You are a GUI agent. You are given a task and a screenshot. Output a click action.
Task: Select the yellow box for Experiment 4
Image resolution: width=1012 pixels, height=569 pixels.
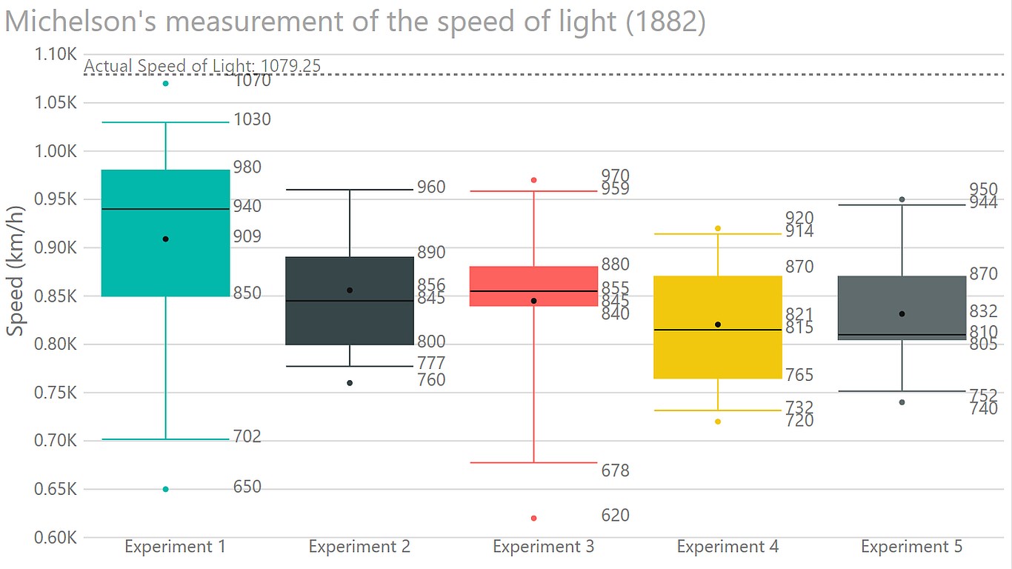click(718, 356)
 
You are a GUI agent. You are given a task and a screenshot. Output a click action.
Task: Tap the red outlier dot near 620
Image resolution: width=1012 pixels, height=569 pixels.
click(533, 518)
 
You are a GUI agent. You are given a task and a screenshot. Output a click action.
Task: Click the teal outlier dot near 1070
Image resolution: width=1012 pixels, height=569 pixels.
click(165, 83)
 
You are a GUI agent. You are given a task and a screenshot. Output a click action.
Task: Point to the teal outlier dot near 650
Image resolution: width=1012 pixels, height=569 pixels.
click(165, 489)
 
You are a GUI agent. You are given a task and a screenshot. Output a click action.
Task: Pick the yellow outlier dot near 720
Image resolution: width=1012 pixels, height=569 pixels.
click(718, 422)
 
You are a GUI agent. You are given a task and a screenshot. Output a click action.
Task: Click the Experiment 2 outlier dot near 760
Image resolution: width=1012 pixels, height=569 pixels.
click(350, 383)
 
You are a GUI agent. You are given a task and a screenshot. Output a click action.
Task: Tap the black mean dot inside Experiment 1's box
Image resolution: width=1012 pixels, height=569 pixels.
click(165, 239)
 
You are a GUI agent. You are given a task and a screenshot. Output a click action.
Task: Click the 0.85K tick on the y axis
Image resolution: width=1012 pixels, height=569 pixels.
click(56, 296)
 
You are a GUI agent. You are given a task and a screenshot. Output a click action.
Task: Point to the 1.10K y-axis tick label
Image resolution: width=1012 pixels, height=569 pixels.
click(56, 55)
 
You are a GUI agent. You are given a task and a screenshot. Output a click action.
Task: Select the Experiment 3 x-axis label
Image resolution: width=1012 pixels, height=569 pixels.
click(543, 547)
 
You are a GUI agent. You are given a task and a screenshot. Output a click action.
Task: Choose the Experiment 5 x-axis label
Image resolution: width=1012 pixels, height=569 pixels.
click(911, 547)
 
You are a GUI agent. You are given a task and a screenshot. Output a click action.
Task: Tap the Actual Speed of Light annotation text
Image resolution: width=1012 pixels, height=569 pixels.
click(202, 66)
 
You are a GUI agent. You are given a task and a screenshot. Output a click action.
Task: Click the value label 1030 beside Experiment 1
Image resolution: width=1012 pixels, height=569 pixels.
click(252, 119)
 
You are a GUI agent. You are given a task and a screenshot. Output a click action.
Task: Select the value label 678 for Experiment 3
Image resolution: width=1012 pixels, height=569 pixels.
click(615, 470)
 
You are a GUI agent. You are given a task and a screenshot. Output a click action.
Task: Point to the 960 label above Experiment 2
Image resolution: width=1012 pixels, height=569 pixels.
click(431, 187)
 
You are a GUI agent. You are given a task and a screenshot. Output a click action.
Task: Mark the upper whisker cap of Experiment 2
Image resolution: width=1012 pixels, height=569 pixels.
click(350, 190)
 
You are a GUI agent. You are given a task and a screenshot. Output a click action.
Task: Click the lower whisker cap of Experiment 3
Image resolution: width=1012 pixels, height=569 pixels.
click(533, 462)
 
